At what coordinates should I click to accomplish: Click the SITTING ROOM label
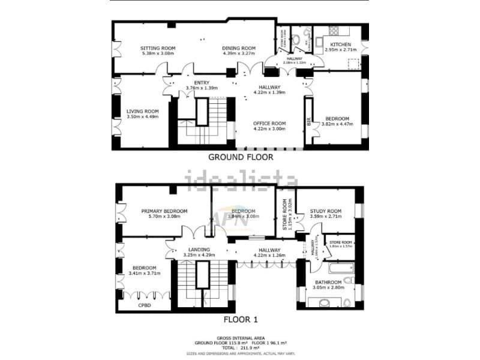pos(158,48)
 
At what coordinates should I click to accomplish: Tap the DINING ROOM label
pos(239,48)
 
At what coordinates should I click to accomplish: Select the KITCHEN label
pos(338,44)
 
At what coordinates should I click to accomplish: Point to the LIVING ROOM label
pos(142,111)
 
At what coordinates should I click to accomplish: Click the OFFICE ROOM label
pos(269,123)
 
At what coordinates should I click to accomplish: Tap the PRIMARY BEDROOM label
pos(164,211)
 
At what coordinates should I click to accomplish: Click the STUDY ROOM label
pos(326,211)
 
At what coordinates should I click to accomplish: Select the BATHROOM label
pos(328,282)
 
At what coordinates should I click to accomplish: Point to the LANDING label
pos(198,250)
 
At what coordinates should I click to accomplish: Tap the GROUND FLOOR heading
pos(240,157)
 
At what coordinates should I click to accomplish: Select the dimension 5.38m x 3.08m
pos(157,53)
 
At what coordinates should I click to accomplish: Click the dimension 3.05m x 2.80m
pos(328,288)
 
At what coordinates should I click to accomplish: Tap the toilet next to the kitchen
pos(298,40)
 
